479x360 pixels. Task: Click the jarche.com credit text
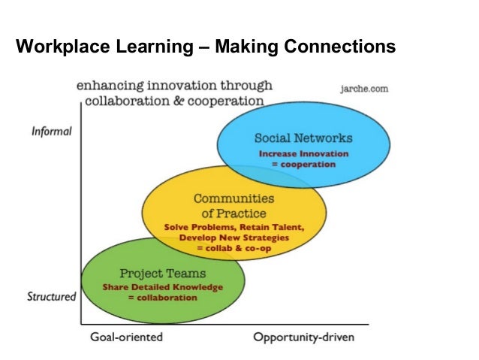pos(364,88)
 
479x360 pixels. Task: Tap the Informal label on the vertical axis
pos(52,131)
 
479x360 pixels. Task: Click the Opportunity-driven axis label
pos(303,337)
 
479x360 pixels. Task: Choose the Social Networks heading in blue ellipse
pos(303,138)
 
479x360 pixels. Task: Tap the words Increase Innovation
pos(303,153)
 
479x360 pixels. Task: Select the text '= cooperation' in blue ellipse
pos(303,163)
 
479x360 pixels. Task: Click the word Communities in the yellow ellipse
pos(233,198)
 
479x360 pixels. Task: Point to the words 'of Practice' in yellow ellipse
pos(233,213)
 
